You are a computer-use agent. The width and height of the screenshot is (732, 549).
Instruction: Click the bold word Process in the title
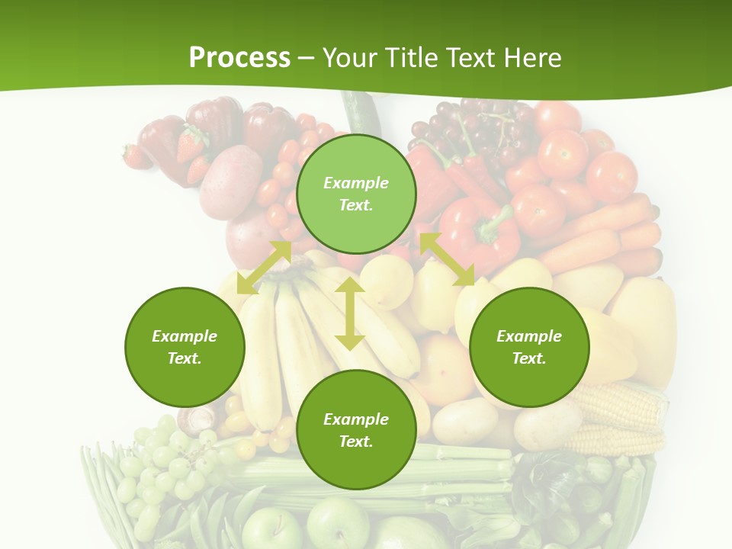click(x=239, y=58)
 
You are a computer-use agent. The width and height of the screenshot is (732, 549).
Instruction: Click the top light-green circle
click(x=356, y=194)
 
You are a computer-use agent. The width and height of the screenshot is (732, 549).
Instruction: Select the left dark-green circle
click(x=185, y=347)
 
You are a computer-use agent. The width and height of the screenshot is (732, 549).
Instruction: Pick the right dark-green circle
click(x=529, y=347)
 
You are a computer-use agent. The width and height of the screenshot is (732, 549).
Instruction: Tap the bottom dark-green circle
click(x=356, y=430)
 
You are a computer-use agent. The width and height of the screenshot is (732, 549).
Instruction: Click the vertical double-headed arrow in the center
click(x=350, y=313)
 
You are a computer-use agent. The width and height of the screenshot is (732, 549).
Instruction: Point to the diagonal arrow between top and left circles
click(x=264, y=268)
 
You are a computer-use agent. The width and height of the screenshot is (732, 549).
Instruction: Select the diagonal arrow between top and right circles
click(x=447, y=259)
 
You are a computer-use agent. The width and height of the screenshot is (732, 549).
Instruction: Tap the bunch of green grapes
click(x=164, y=465)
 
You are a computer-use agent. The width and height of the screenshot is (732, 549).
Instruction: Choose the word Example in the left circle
click(x=185, y=336)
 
